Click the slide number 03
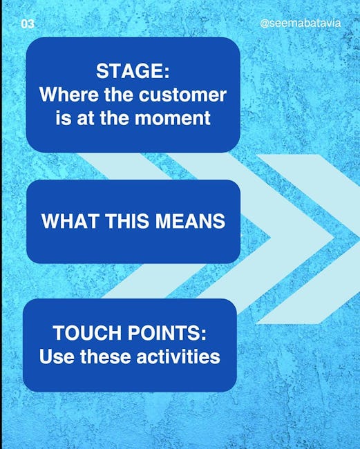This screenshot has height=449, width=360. [x=28, y=24]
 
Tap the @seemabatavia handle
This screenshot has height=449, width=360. [x=301, y=23]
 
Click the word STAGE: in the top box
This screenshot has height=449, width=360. [x=133, y=70]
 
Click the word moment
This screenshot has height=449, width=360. [x=173, y=118]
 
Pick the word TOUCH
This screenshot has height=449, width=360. [x=87, y=333]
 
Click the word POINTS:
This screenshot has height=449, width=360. [x=167, y=333]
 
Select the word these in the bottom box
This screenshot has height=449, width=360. [x=105, y=356]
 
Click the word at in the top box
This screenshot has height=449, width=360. [x=85, y=118]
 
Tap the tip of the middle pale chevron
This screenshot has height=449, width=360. [x=334, y=237]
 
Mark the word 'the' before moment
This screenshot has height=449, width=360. [x=114, y=118]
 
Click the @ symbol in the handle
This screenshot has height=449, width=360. [x=265, y=23]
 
